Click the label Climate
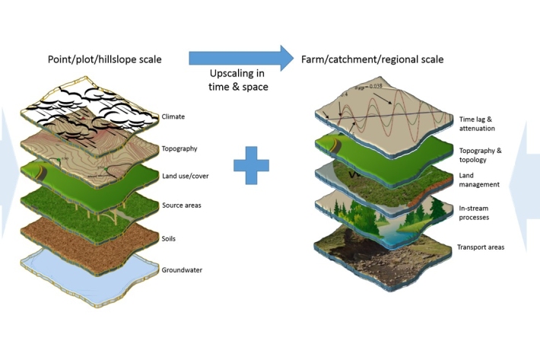(173, 117)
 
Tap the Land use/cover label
(185, 177)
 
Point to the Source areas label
(181, 206)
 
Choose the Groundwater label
(183, 269)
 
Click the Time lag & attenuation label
(478, 124)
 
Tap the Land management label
(478, 180)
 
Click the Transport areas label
(480, 247)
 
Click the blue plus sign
(252, 166)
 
